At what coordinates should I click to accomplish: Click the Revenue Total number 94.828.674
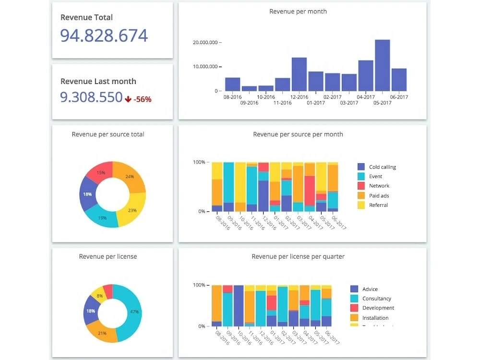point(104,36)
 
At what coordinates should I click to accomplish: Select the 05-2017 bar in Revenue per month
point(382,65)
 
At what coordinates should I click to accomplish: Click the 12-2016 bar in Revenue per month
point(299,74)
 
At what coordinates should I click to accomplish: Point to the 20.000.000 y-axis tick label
point(205,42)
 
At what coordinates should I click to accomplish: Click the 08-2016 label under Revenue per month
point(232,97)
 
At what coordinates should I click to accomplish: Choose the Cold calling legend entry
point(382,167)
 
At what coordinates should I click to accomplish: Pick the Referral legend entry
point(378,205)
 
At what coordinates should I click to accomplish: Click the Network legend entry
point(379,186)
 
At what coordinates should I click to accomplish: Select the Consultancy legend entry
point(377,299)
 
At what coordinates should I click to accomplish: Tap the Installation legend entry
point(375,318)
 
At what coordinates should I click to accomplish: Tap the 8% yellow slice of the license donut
point(99,295)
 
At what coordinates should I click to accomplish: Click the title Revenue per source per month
point(298,134)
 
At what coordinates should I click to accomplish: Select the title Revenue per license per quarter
point(298,257)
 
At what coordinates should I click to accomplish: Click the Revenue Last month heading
point(98,82)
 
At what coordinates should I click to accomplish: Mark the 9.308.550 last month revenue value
point(91,98)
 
